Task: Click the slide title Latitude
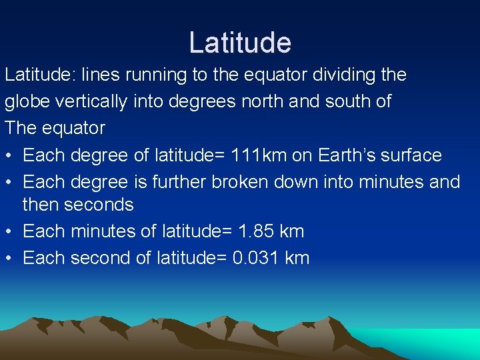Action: (x=240, y=43)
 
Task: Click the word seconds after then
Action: (x=97, y=205)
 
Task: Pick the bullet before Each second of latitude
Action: (x=9, y=259)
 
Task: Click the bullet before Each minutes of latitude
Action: (x=9, y=232)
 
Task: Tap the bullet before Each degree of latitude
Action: (x=9, y=155)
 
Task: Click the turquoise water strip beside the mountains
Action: (x=440, y=341)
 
